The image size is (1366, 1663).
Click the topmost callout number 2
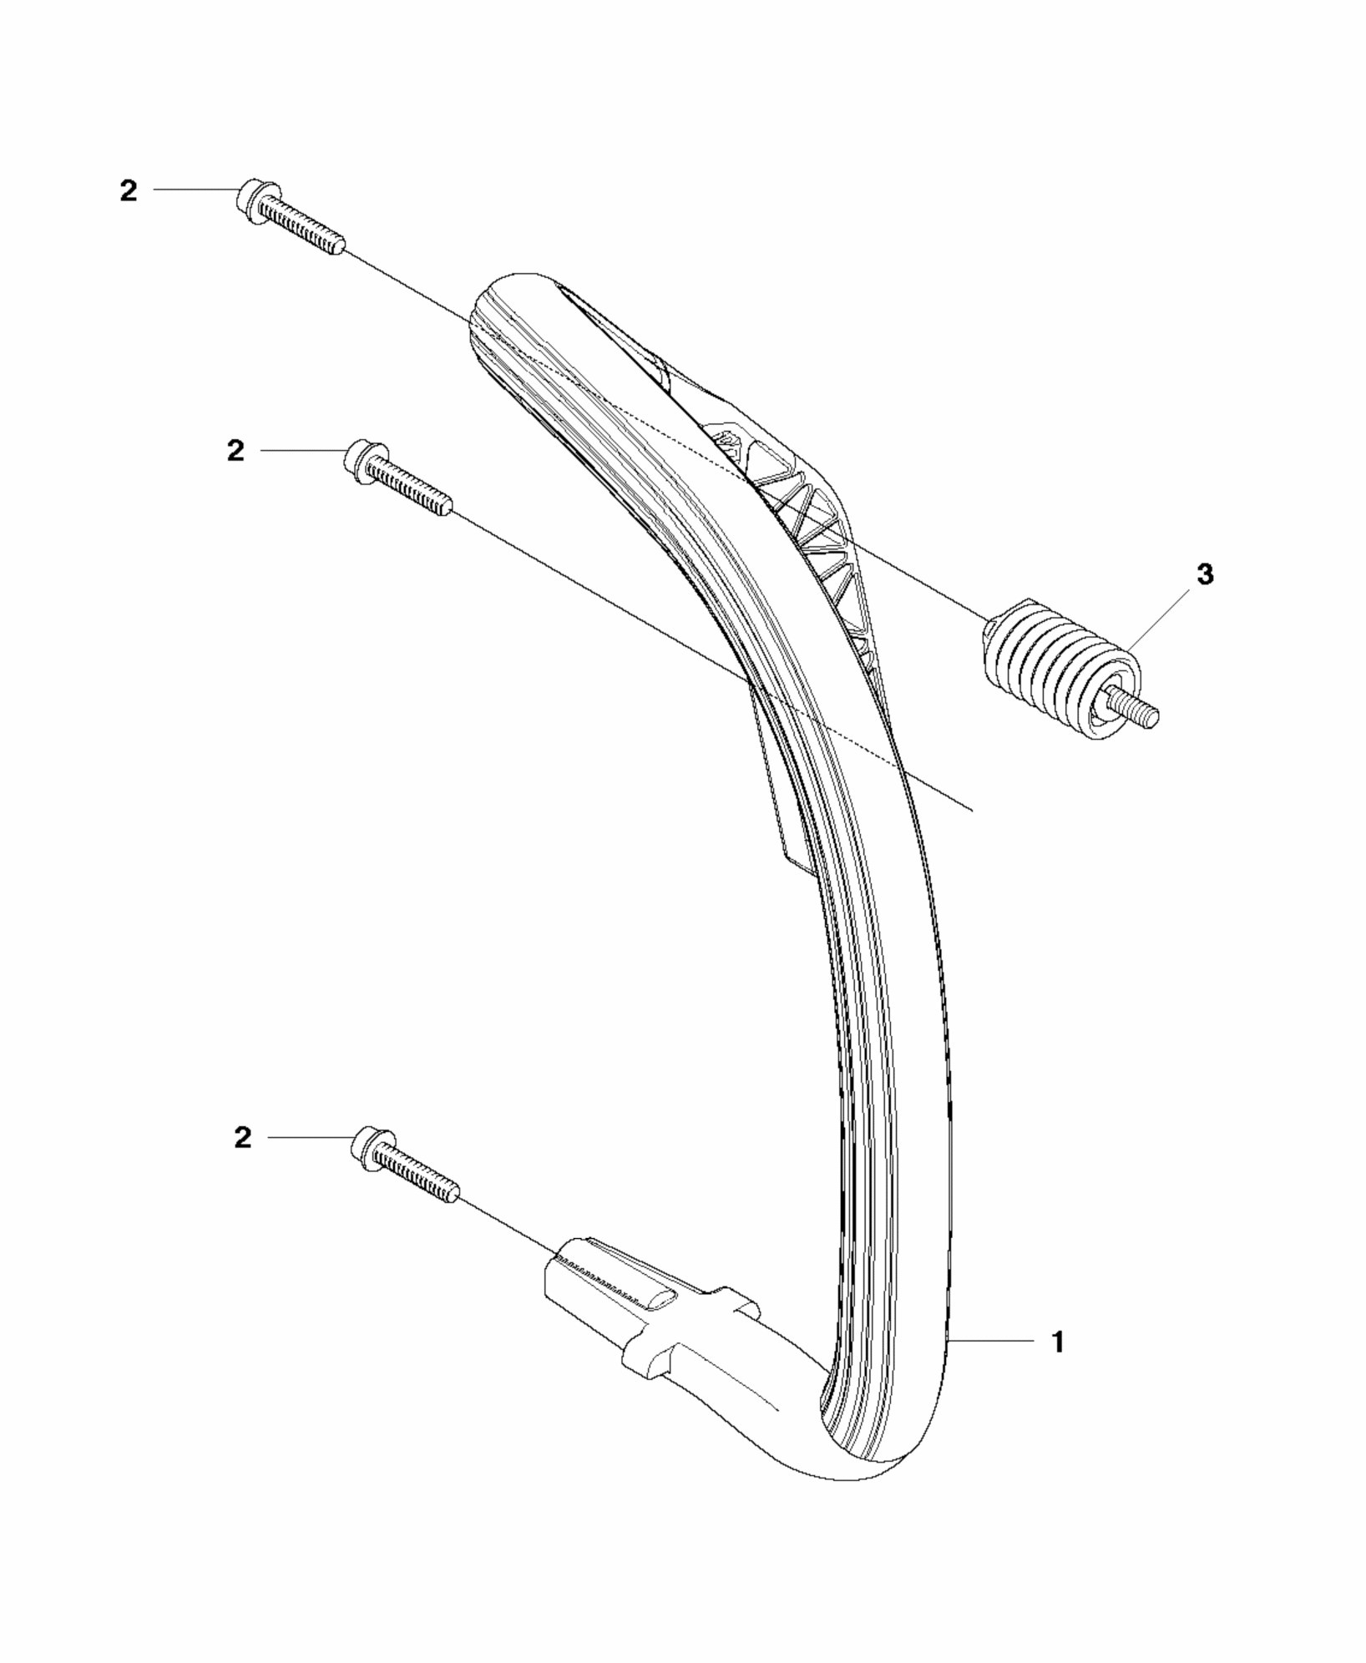128,191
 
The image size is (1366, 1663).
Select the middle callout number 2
236,452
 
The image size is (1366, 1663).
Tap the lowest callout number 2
242,1138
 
